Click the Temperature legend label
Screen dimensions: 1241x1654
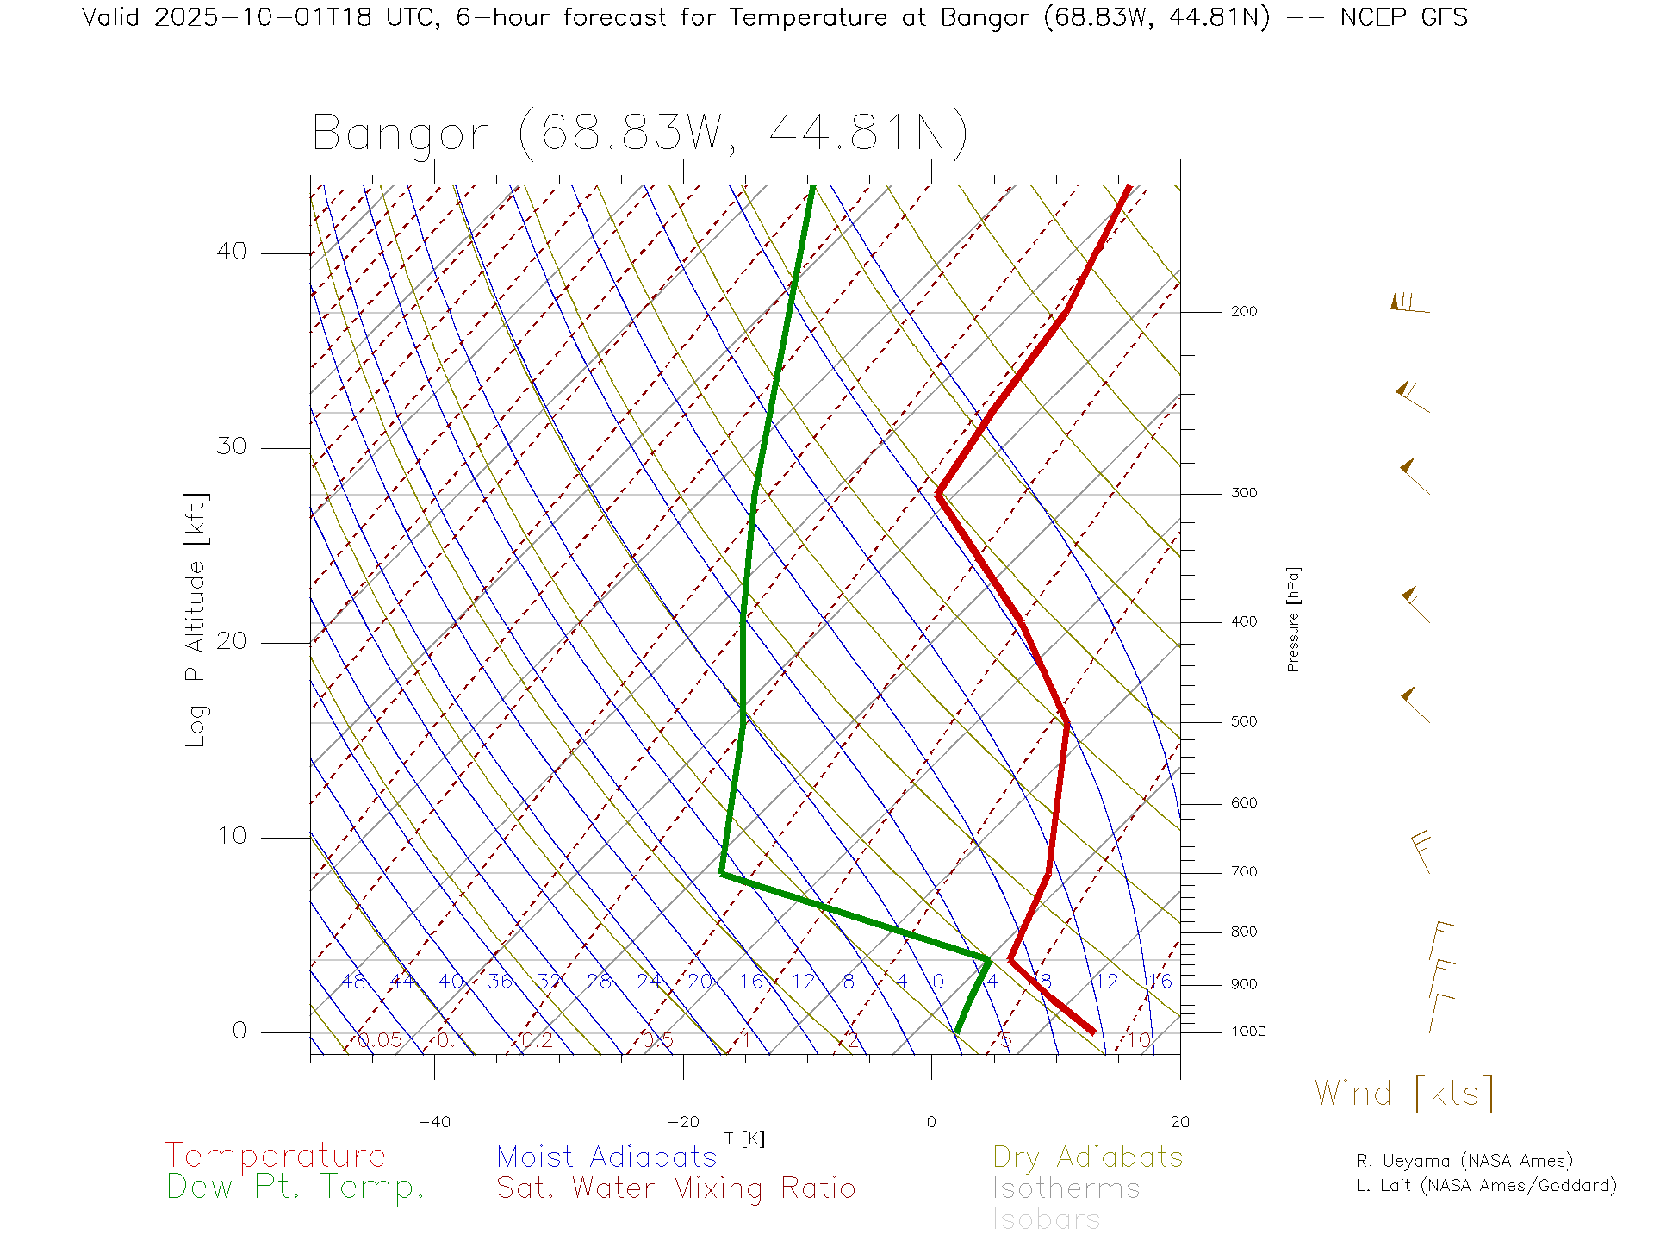click(x=275, y=1155)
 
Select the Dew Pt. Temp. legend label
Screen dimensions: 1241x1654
click(x=295, y=1188)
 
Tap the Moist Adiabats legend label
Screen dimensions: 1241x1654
click(x=606, y=1157)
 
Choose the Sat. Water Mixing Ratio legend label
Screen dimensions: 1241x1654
click(x=675, y=1188)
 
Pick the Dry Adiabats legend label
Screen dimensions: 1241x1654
click(x=1087, y=1157)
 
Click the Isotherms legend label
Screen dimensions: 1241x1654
click(x=1066, y=1188)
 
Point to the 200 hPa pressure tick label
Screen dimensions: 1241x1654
click(x=1243, y=312)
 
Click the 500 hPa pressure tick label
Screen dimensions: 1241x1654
click(x=1243, y=722)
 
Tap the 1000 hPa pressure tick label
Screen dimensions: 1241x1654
click(x=1247, y=1032)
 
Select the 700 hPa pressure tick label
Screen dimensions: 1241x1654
click(x=1243, y=872)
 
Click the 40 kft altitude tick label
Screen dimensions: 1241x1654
click(x=231, y=252)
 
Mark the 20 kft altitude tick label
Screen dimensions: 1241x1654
click(x=231, y=641)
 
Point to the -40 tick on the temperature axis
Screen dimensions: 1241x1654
click(x=434, y=1122)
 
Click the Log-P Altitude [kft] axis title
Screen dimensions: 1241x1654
click(x=196, y=620)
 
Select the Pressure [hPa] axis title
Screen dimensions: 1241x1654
click(x=1293, y=619)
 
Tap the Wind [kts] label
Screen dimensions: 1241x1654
click(x=1404, y=1093)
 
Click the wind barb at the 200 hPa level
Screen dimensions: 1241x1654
click(x=1408, y=304)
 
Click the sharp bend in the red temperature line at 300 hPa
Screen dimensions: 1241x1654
click(x=938, y=494)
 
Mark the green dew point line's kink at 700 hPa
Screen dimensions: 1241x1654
click(x=722, y=873)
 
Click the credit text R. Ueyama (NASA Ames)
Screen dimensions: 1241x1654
click(x=1464, y=1161)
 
